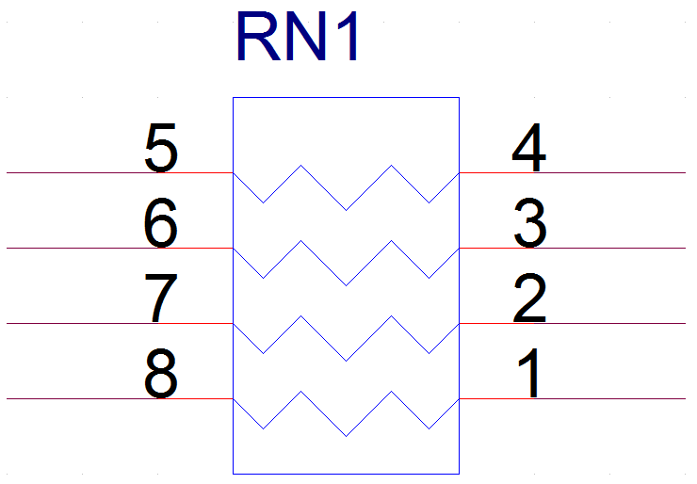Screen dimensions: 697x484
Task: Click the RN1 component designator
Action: [x=298, y=37]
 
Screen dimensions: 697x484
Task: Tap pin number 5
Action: [x=161, y=148]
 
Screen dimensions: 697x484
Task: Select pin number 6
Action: [x=160, y=223]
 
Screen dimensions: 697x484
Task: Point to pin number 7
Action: [x=161, y=298]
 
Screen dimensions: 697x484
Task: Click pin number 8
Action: [x=160, y=374]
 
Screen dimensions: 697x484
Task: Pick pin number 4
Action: [x=528, y=148]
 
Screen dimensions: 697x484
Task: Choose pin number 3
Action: [x=530, y=223]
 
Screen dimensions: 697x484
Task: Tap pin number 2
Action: [x=529, y=298]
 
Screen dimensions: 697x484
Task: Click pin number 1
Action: [x=529, y=373]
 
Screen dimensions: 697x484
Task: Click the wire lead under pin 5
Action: [x=120, y=172]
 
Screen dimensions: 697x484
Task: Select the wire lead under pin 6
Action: [x=120, y=248]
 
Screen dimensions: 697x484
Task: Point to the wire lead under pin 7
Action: [x=120, y=323]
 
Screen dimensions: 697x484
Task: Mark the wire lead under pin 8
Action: [x=120, y=398]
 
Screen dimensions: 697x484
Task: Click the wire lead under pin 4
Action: [x=573, y=172]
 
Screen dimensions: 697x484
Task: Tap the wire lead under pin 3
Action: [x=573, y=248]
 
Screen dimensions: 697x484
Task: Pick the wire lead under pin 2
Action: [x=573, y=323]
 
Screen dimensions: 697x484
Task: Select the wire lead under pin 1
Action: [x=573, y=398]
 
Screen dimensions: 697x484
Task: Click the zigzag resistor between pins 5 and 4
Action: [x=346, y=210]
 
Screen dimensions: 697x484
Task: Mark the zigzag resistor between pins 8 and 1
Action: [x=346, y=436]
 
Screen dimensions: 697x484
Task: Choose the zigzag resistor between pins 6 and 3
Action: [x=346, y=285]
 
